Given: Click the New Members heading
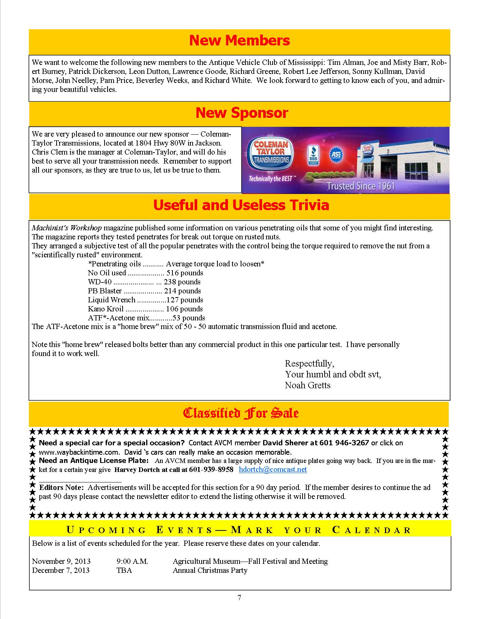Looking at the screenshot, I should (239, 41).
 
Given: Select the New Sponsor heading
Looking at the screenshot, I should (241, 113).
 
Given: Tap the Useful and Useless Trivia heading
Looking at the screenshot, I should (241, 205).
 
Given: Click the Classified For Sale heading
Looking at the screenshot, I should (240, 413).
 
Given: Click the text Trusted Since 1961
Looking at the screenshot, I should (361, 186).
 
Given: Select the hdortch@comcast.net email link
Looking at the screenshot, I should (273, 470).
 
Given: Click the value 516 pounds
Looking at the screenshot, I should (184, 273).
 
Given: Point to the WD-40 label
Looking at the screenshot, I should (99, 282).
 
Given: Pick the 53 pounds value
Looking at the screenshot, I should (189, 318).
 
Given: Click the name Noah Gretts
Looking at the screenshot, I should (307, 385).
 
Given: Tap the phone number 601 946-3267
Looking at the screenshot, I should (344, 443).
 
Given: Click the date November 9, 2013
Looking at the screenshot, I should (61, 561).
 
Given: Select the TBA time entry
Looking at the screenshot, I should (124, 570).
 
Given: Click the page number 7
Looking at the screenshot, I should (239, 598).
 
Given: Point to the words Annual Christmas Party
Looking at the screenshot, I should (210, 570).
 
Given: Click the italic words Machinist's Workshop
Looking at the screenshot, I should (66, 228).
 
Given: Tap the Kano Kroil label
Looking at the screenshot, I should (105, 309).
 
